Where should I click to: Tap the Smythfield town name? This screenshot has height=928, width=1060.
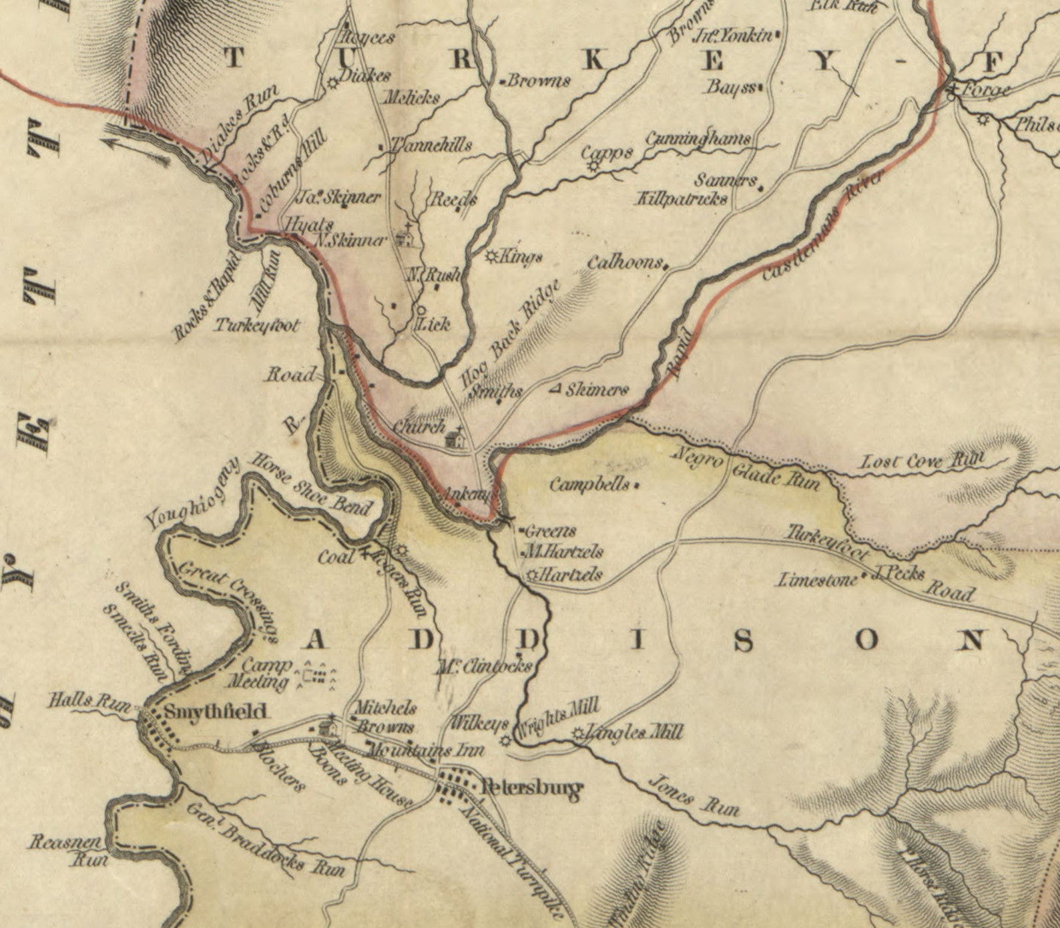tap(215, 711)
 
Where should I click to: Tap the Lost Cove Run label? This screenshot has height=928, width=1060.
tap(922, 461)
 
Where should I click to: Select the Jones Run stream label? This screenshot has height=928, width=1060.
tap(694, 795)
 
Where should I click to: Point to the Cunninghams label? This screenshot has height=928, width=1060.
tap(697, 139)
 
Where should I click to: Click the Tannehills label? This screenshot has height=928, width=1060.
tap(431, 145)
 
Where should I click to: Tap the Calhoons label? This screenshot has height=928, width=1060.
tap(625, 262)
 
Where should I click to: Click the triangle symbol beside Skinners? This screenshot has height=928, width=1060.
tap(555, 389)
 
